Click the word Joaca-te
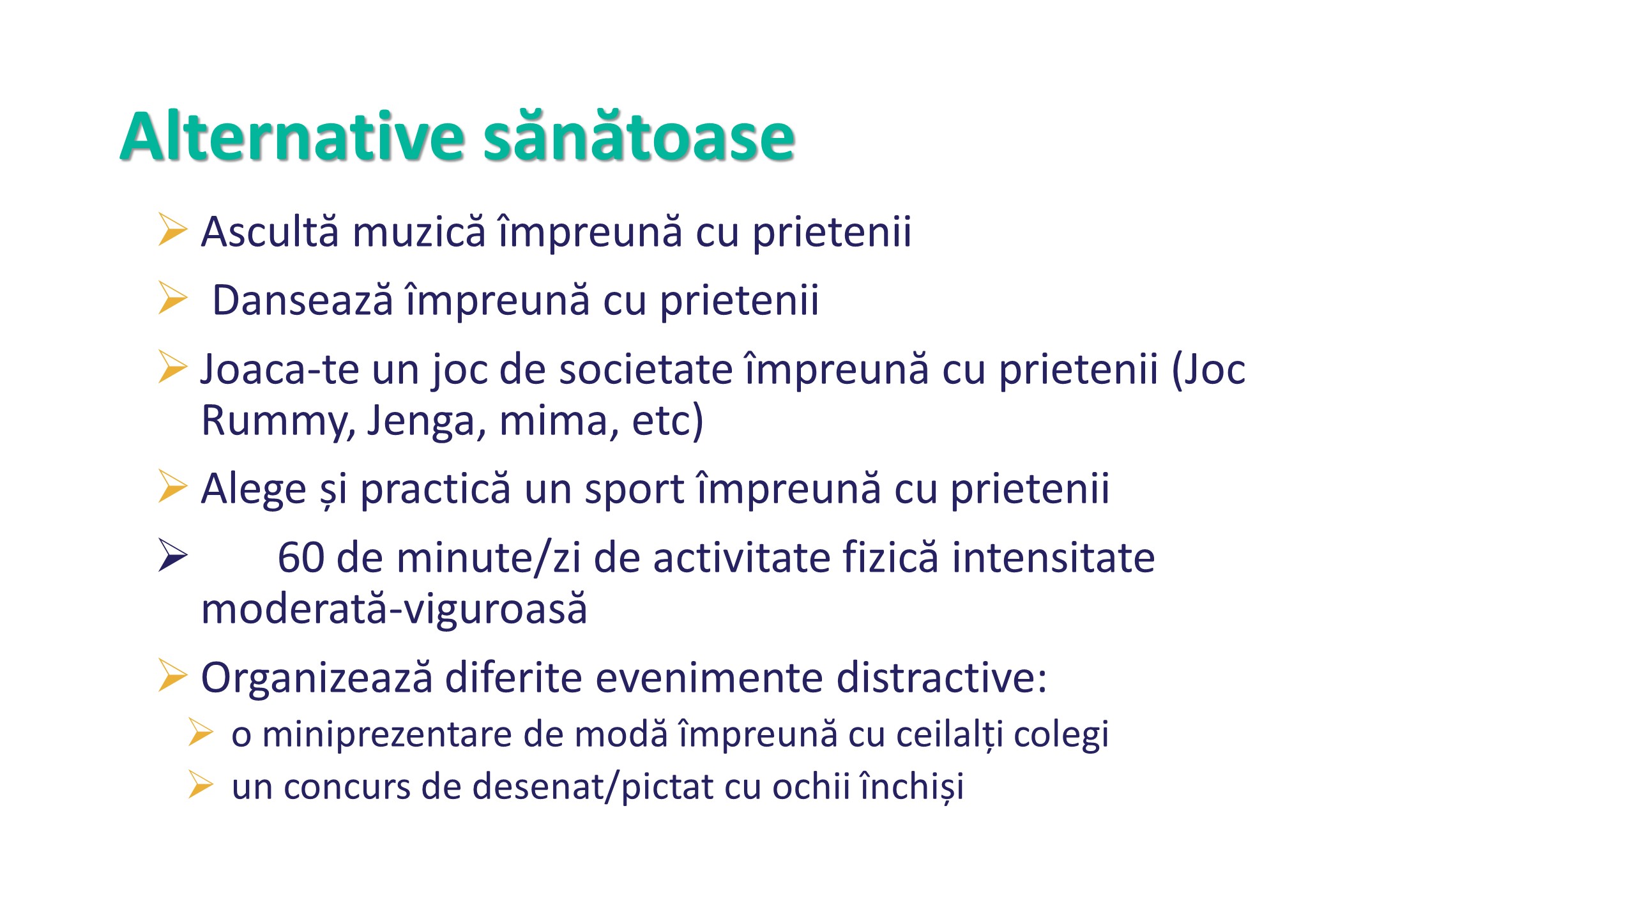280,370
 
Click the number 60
301,558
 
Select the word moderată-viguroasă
394,609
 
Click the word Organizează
317,678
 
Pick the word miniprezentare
387,734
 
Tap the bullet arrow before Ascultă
172,229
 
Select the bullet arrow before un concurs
201,784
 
